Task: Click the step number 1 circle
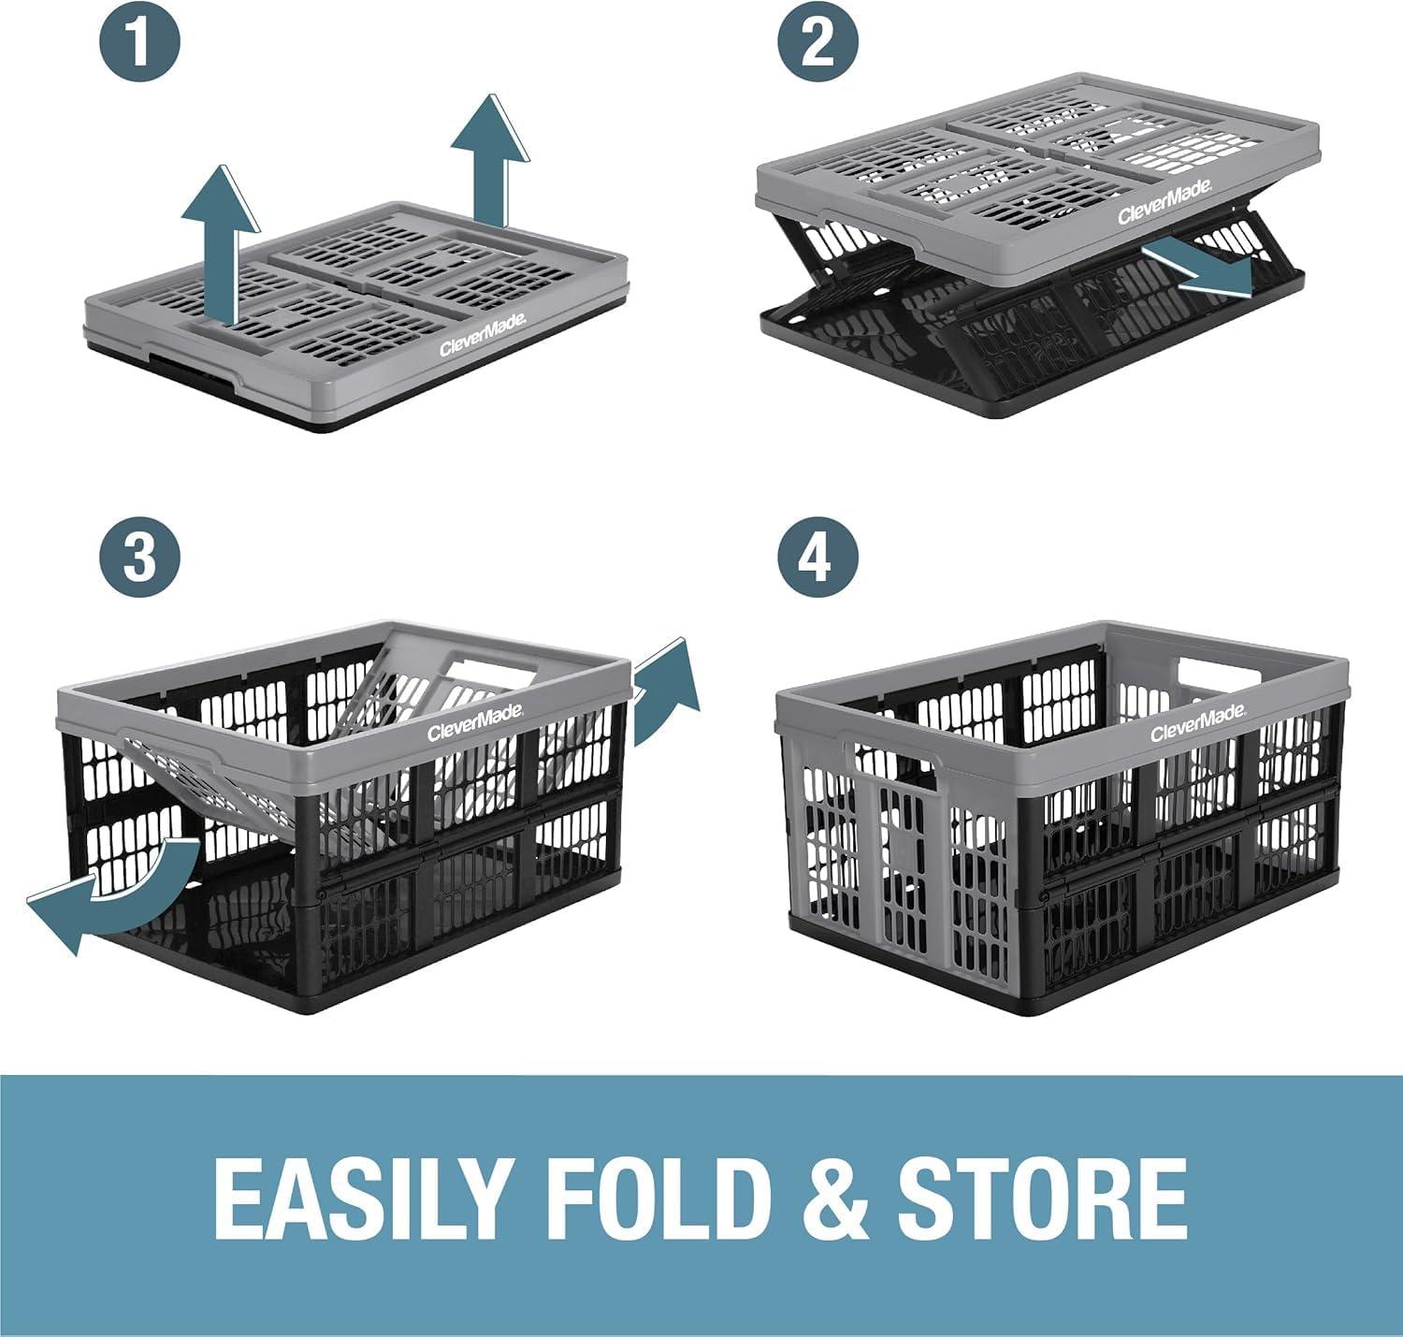tap(139, 43)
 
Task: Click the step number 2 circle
tap(817, 43)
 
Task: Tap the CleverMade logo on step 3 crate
tap(475, 721)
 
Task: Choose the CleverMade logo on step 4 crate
tap(1197, 722)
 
